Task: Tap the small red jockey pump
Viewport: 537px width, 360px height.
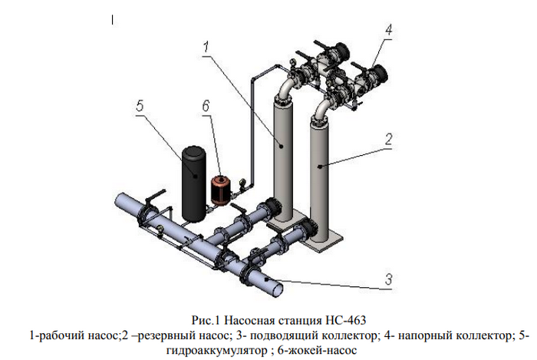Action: click(221, 190)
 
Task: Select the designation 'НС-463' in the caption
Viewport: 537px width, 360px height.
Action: click(337, 319)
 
